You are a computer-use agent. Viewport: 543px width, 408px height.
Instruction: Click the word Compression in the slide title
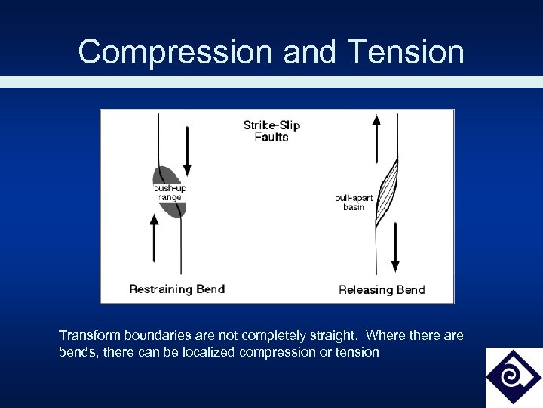[x=176, y=52]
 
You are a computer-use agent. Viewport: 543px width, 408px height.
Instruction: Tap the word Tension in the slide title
[x=407, y=52]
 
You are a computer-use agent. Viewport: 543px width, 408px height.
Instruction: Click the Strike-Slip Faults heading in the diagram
[x=271, y=131]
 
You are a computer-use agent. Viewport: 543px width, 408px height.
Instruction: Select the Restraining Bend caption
[x=176, y=289]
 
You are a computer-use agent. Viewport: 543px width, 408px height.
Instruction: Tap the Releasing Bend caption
[x=382, y=289]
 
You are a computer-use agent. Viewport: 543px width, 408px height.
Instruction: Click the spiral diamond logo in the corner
[x=513, y=376]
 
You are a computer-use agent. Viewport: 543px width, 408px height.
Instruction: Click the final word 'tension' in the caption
[x=360, y=352]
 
